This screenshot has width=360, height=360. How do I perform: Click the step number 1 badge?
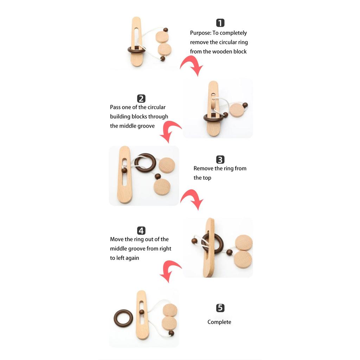(x=220, y=23)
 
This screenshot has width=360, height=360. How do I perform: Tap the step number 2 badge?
(x=141, y=99)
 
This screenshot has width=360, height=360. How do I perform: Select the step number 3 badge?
(x=220, y=160)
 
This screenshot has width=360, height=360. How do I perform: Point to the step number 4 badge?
(x=141, y=231)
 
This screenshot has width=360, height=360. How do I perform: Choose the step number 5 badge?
(x=220, y=308)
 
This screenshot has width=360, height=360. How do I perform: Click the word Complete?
(x=219, y=322)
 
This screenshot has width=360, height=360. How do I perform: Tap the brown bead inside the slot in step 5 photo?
(x=142, y=312)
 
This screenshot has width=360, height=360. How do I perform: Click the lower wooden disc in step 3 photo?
(x=162, y=187)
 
